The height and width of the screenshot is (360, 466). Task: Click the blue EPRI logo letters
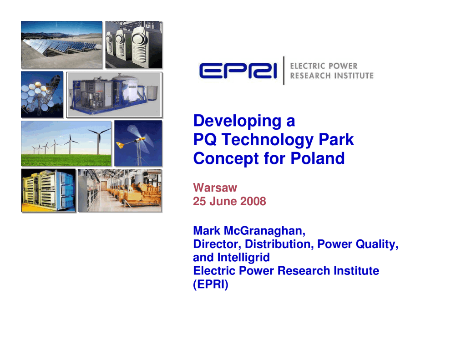238,71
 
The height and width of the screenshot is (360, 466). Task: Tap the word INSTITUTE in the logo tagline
353,76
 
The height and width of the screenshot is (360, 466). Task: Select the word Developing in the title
238,121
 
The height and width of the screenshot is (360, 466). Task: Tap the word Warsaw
215,188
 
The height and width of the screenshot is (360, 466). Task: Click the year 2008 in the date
253,201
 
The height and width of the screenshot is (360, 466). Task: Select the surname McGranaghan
264,231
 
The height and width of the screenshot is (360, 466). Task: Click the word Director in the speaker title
217,244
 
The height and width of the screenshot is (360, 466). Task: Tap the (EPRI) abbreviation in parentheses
211,284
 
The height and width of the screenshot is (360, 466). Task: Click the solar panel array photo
62,45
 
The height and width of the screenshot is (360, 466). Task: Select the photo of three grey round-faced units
134,45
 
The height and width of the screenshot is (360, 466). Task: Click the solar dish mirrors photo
42,94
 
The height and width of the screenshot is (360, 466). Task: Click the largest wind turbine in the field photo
98,141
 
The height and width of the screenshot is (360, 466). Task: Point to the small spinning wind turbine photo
138,143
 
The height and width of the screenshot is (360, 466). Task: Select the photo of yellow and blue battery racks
48,191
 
